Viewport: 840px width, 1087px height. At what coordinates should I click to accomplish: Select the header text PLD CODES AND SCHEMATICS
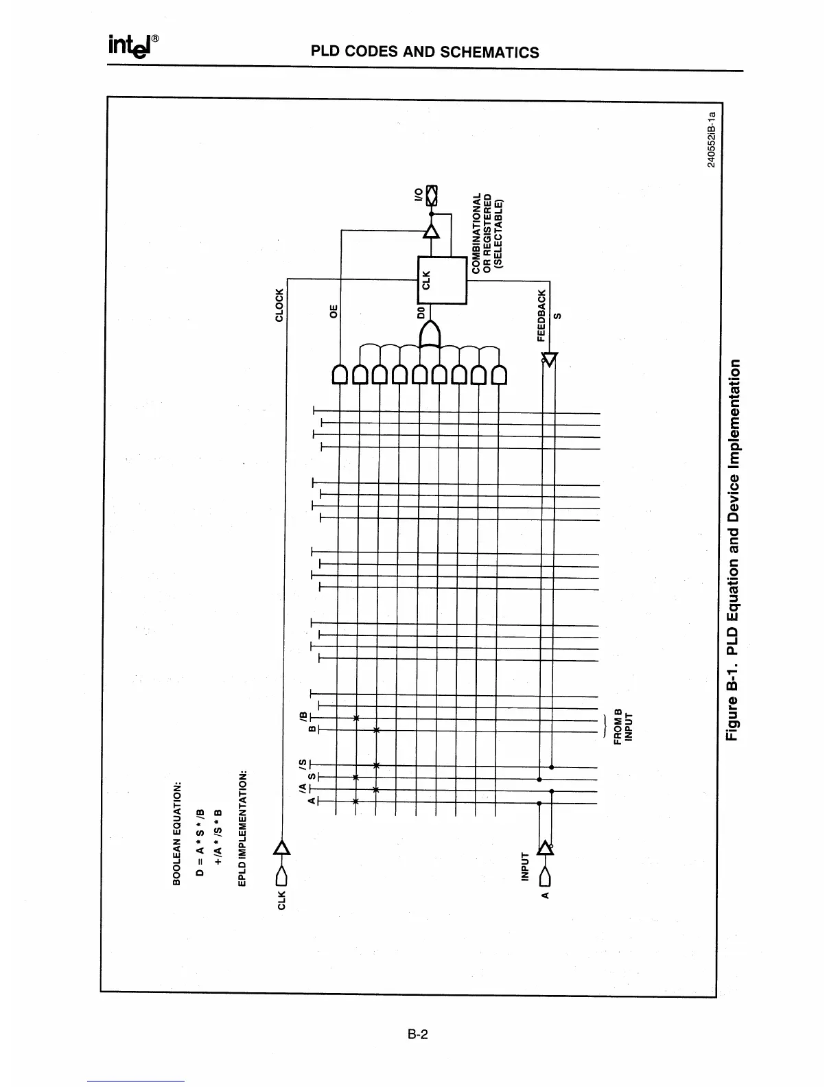(425, 52)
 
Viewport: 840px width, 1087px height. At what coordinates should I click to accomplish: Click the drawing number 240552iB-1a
(712, 139)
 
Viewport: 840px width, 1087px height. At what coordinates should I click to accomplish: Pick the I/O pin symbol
(431, 196)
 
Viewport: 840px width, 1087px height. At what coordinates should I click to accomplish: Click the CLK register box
(442, 280)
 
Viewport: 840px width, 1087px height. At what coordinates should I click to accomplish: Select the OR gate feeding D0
(430, 336)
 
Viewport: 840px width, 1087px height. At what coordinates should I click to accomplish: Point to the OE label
(334, 311)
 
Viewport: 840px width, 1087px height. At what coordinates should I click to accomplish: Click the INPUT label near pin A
(526, 866)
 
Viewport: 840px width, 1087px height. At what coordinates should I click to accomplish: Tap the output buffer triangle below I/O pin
(431, 231)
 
